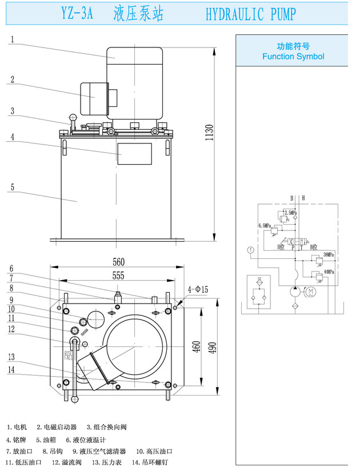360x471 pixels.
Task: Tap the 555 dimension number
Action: (x=119, y=276)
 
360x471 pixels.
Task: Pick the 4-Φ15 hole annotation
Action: (x=197, y=290)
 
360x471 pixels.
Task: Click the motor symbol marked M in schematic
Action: (x=311, y=292)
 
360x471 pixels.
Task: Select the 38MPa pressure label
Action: (x=329, y=254)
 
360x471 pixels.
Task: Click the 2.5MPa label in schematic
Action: (x=290, y=213)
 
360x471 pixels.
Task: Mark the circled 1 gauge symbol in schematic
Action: (x=250, y=249)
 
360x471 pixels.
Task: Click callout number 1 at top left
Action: (x=12, y=40)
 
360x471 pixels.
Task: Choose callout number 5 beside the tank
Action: (x=12, y=186)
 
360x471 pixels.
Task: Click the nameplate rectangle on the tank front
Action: (x=135, y=153)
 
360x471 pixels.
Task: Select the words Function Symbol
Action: (x=293, y=57)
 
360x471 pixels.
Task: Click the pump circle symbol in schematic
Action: (x=294, y=292)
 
